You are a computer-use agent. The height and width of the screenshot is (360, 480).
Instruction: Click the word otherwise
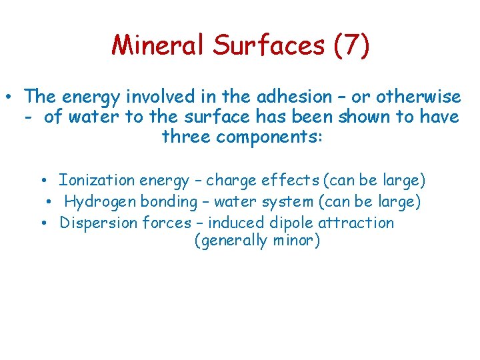click(419, 97)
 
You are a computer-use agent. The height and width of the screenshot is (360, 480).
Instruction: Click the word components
click(270, 137)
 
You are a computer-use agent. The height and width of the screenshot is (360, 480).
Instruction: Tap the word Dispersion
click(99, 223)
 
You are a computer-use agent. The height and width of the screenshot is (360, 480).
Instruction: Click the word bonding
click(166, 201)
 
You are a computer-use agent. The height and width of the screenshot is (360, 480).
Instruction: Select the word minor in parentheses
click(295, 241)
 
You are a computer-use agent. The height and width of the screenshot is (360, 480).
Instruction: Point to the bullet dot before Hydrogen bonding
click(49, 202)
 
